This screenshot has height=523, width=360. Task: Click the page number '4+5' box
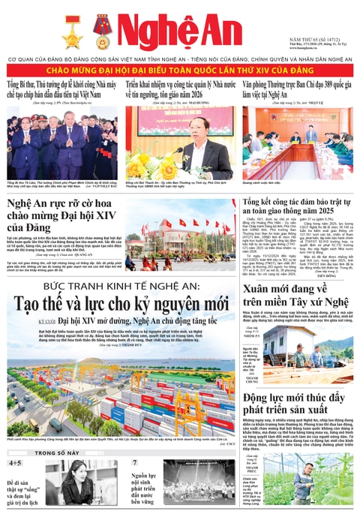(x=15, y=464)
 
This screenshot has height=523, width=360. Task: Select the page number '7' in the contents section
(x=136, y=464)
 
